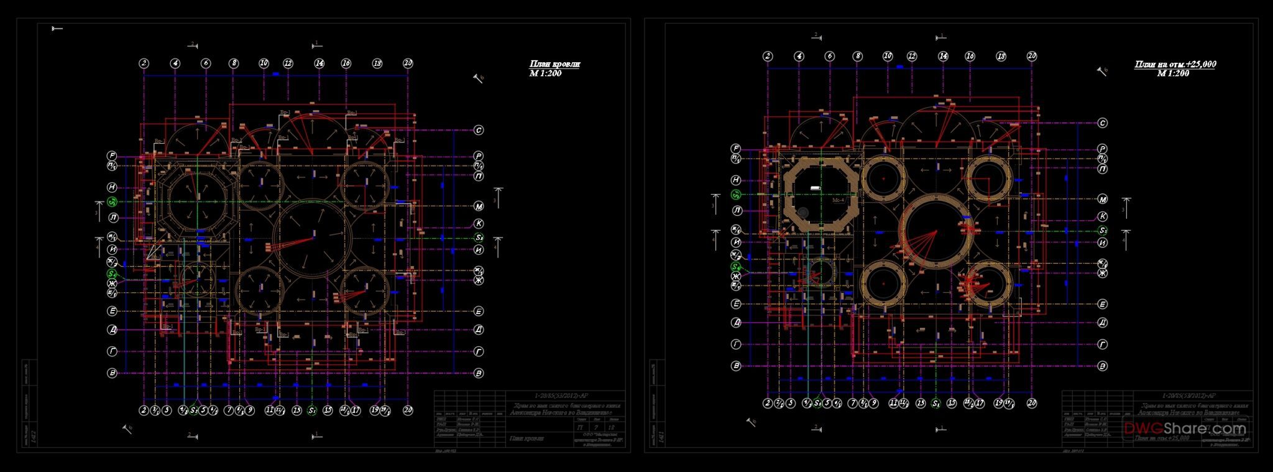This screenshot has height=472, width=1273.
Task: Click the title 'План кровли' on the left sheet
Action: coord(554,64)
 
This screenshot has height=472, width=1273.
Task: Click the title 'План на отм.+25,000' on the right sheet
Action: coord(1175,65)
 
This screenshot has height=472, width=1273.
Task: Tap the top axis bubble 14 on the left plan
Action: coord(319,63)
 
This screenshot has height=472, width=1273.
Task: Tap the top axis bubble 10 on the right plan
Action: coord(888,57)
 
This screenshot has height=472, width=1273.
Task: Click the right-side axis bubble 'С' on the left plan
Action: coord(479,131)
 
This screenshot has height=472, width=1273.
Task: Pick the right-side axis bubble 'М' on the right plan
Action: coord(1102,200)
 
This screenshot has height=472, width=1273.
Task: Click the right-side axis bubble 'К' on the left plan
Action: coord(479,223)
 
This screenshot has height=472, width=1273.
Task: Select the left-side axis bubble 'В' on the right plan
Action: coord(736,366)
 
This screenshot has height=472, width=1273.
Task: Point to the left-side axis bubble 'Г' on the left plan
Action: coord(113,351)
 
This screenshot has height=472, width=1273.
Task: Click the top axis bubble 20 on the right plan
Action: coord(1032,57)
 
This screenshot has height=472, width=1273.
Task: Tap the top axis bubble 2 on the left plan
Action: coord(144,63)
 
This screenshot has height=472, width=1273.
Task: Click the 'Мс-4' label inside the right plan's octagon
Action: coord(838,201)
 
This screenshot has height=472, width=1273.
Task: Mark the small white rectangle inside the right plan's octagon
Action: coord(816,188)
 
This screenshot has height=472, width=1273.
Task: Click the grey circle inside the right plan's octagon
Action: coord(803,213)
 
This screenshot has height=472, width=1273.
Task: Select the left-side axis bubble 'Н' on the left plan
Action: coord(112,187)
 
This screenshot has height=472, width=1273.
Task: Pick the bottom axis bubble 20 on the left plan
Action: coord(408,410)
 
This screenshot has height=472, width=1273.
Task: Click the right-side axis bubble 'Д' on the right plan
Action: coord(1102,323)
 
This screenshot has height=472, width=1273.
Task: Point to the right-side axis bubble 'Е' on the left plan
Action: coord(479,311)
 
